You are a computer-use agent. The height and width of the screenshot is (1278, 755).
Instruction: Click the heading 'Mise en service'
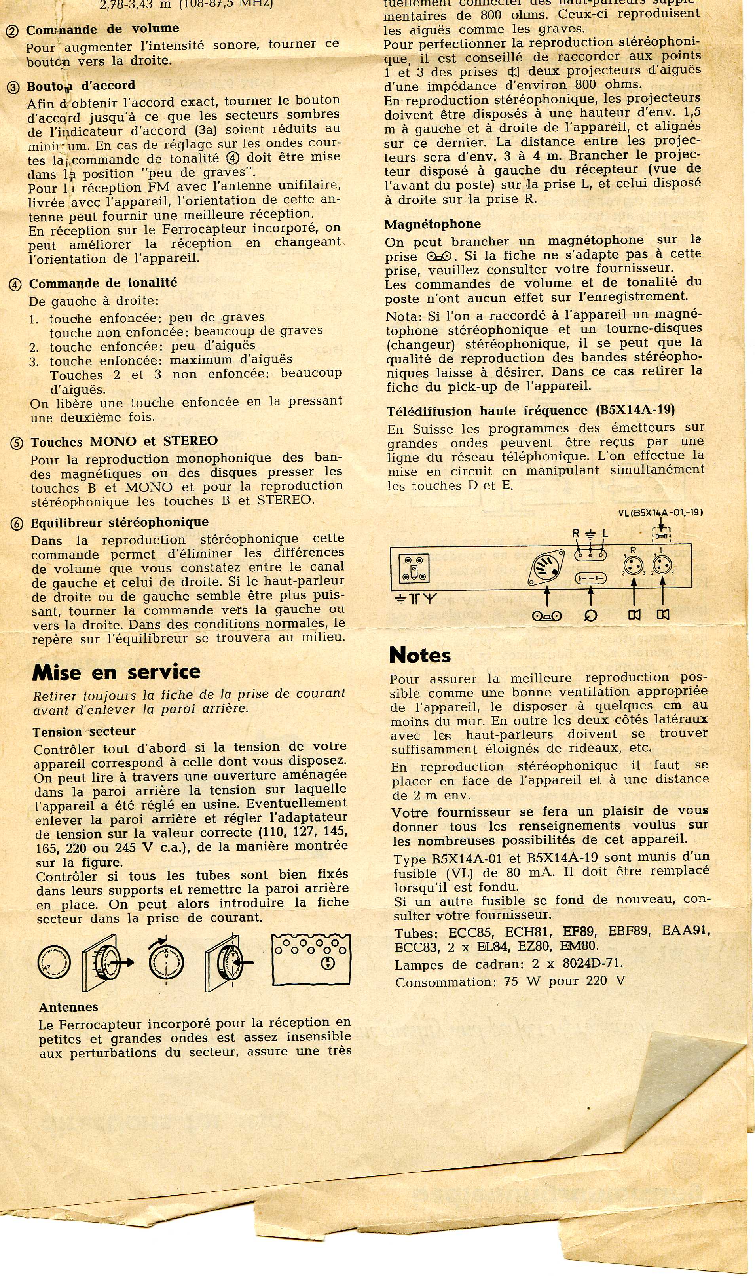116,672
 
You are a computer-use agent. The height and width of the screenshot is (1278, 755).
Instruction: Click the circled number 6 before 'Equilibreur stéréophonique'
17,524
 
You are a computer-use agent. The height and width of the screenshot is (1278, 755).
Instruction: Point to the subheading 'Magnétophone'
433,224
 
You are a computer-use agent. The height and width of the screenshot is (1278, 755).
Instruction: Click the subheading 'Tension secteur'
84,732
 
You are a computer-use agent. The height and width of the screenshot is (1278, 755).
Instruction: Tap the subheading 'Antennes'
68,1007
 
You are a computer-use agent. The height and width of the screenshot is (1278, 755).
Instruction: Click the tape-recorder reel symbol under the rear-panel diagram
547,616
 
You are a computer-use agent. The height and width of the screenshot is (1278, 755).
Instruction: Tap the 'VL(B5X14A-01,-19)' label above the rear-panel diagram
660,513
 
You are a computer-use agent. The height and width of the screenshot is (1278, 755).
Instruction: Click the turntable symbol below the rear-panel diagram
591,616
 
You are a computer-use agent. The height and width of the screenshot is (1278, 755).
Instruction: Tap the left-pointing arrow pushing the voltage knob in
244,962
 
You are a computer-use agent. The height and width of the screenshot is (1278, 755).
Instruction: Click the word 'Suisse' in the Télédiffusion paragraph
433,428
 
